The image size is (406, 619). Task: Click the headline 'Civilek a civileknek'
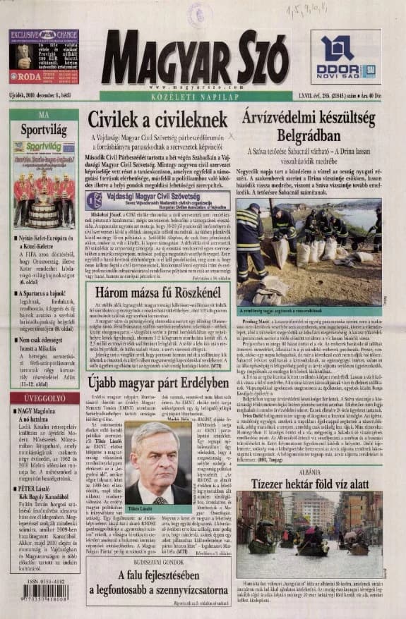pyautogui.click(x=157, y=120)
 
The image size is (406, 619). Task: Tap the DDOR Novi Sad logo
pyautogui.click(x=346, y=57)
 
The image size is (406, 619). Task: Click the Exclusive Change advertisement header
pyautogui.click(x=44, y=34)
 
